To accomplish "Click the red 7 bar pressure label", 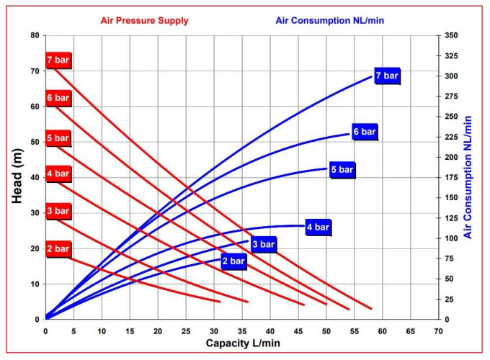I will [x=58, y=60].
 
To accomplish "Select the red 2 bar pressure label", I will [x=58, y=249].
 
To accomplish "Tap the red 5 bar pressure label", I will [x=58, y=138].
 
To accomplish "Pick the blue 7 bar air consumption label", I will [x=387, y=76].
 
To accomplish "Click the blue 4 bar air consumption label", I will [x=318, y=228].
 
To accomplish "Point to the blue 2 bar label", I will [x=233, y=261].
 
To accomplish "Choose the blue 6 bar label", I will [x=365, y=132].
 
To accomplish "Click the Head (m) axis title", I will [x=18, y=177].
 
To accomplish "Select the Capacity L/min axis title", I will [x=241, y=343].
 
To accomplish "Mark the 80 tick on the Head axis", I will [x=34, y=35].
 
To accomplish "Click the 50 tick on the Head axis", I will [x=34, y=142].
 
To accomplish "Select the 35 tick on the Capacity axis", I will [x=242, y=330].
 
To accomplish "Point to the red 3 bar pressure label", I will [x=58, y=211].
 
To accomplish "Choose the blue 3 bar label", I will [x=263, y=245].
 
